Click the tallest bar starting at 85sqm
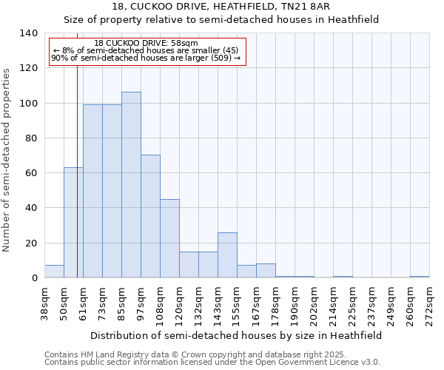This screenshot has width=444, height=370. [x=131, y=185]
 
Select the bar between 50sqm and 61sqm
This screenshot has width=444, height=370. [x=73, y=222]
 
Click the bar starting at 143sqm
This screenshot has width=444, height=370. [x=227, y=255]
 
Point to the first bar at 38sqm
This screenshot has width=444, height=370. [x=54, y=272]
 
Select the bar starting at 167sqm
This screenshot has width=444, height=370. [x=266, y=271]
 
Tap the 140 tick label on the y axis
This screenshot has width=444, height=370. [x=28, y=33]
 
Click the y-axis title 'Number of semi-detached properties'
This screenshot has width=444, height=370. [x=7, y=159]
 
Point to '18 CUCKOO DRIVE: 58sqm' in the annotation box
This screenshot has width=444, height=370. [x=147, y=44]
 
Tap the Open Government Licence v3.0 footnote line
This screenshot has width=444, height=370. [x=212, y=362]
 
